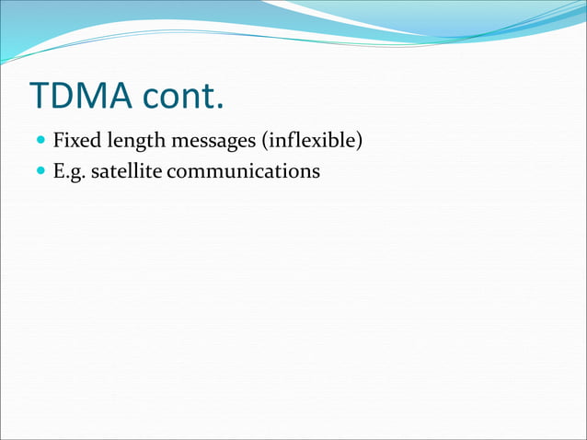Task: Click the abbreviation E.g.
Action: point(68,171)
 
